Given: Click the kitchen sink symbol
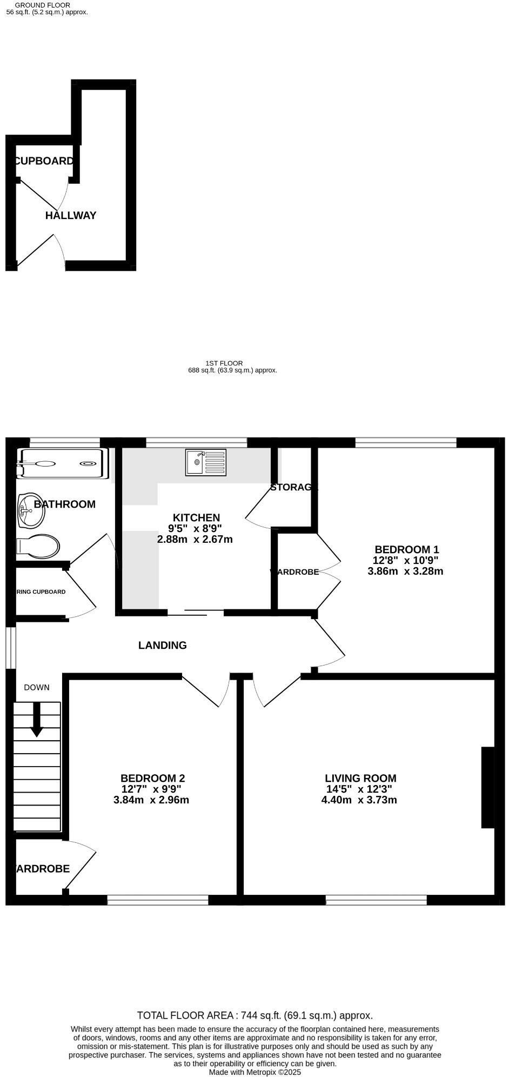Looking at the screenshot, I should tap(206, 462).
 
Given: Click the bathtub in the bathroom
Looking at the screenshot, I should tap(59, 463).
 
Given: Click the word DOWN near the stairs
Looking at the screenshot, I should tap(37, 687).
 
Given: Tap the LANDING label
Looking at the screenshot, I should tap(163, 645).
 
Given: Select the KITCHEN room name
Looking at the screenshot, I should tap(196, 517).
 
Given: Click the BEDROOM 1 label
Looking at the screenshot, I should tap(407, 549).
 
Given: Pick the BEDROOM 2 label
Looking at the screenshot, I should tap(152, 778).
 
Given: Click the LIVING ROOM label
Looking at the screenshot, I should tap(360, 778).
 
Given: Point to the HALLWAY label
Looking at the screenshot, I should tap(71, 215).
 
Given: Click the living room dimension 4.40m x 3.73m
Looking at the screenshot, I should tap(359, 800).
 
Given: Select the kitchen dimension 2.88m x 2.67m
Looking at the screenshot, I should tap(195, 539).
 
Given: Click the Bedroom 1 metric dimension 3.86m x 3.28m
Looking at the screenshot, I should tap(405, 571).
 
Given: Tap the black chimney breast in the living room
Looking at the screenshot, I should tap(487, 787).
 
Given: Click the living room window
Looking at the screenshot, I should tap(376, 900).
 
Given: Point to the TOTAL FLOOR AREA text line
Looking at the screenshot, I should tap(254, 1015).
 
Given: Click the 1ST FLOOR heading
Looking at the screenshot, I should tap(224, 363).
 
